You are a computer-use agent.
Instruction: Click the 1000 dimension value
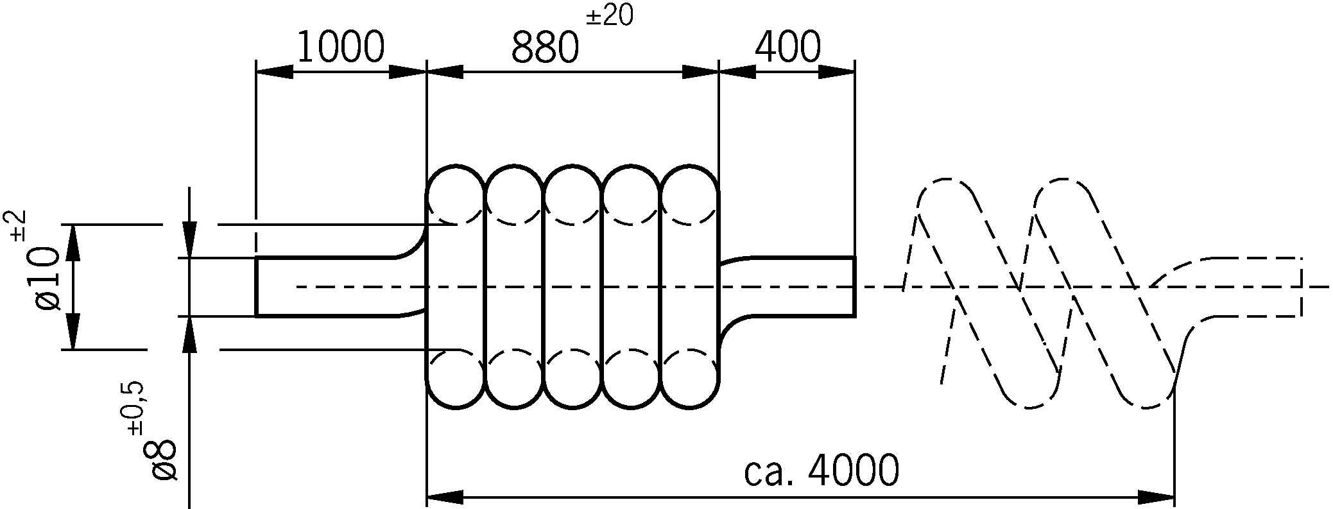[340, 46]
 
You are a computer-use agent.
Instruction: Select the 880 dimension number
[545, 48]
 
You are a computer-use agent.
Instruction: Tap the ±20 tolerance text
[609, 16]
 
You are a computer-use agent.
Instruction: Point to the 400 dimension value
[787, 46]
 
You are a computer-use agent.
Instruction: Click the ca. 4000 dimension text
[821, 472]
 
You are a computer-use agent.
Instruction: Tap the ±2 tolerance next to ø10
[18, 225]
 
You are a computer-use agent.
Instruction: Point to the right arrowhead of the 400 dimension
[837, 72]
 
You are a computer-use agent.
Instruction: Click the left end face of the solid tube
[257, 286]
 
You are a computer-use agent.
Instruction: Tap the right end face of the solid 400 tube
[854, 286]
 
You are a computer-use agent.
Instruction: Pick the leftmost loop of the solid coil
[455, 286]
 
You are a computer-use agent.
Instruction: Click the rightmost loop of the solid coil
[690, 286]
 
